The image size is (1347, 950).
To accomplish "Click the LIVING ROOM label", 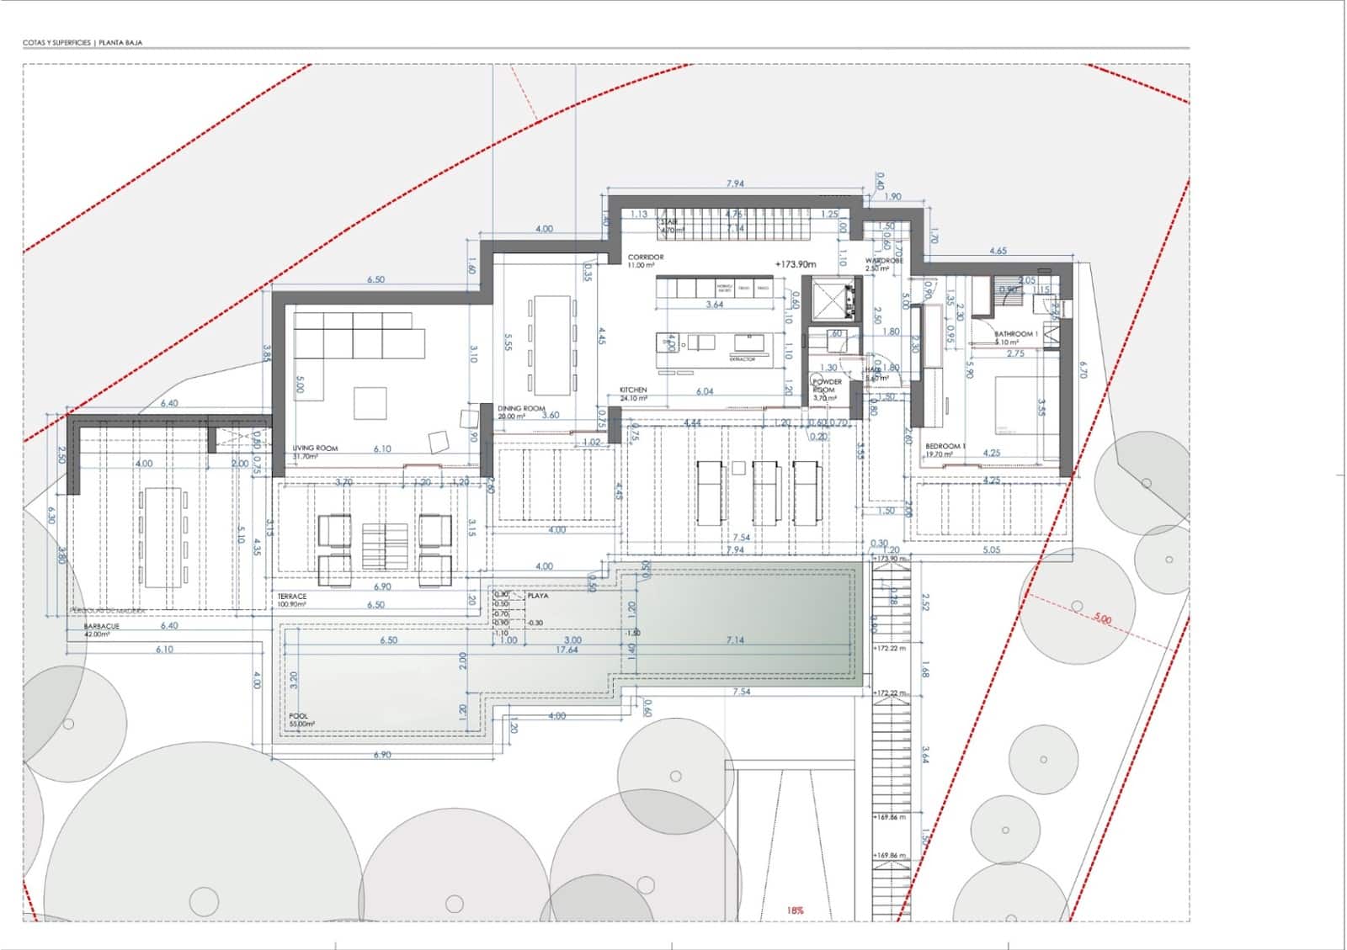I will [x=315, y=448].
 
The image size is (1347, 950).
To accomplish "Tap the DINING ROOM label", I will [x=521, y=409].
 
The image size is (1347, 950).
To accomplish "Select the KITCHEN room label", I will [x=633, y=390].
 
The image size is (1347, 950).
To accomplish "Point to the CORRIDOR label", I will [x=646, y=257].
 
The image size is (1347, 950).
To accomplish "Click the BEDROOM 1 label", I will [x=945, y=446].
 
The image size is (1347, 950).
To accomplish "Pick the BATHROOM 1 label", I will [x=1016, y=334].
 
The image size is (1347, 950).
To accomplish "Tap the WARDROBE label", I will [x=884, y=262].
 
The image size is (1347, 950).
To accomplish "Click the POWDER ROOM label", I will [x=827, y=386].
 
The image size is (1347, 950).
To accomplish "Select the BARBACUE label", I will [x=102, y=627].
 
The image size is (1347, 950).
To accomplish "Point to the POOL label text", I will [x=298, y=717].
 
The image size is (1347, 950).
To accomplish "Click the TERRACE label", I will [x=292, y=597].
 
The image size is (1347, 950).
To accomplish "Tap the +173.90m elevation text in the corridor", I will [x=796, y=264].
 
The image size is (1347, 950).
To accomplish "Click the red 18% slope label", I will [x=795, y=910].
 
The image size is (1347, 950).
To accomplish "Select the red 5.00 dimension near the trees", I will [x=1102, y=619].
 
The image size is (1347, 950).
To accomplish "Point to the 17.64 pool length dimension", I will [x=567, y=650].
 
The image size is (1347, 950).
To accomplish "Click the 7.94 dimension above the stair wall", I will [x=735, y=183].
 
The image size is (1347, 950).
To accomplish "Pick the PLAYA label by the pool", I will [x=537, y=596].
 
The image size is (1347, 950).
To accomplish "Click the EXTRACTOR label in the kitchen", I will [x=743, y=359].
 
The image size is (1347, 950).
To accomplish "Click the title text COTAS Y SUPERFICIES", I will [x=56, y=42].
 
